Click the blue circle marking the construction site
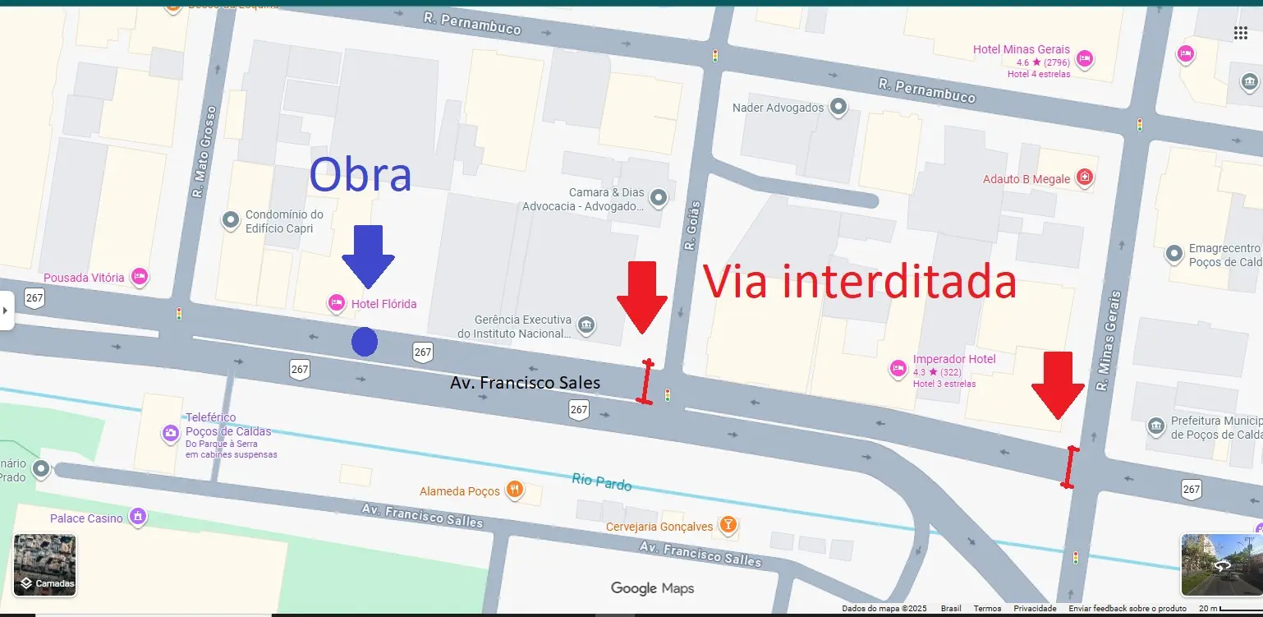(x=365, y=342)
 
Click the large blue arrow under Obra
(x=368, y=256)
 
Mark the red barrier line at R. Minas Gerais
(x=1070, y=467)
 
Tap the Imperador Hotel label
(x=953, y=359)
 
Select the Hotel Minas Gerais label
(x=1021, y=49)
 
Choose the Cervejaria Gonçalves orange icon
(x=728, y=524)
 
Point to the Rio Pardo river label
(x=601, y=482)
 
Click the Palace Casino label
(x=86, y=518)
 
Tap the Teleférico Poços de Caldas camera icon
(x=171, y=433)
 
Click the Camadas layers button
(x=45, y=564)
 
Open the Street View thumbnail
(x=1221, y=564)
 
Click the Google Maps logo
(x=652, y=588)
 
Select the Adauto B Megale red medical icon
(x=1085, y=177)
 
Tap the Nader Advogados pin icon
(x=838, y=107)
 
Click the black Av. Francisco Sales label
(x=525, y=383)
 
